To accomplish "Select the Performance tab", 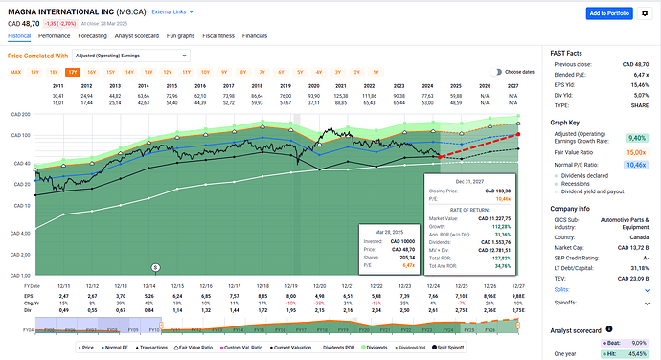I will point(54,34).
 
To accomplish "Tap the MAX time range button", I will point(15,71).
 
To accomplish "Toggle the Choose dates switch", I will point(496,71).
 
